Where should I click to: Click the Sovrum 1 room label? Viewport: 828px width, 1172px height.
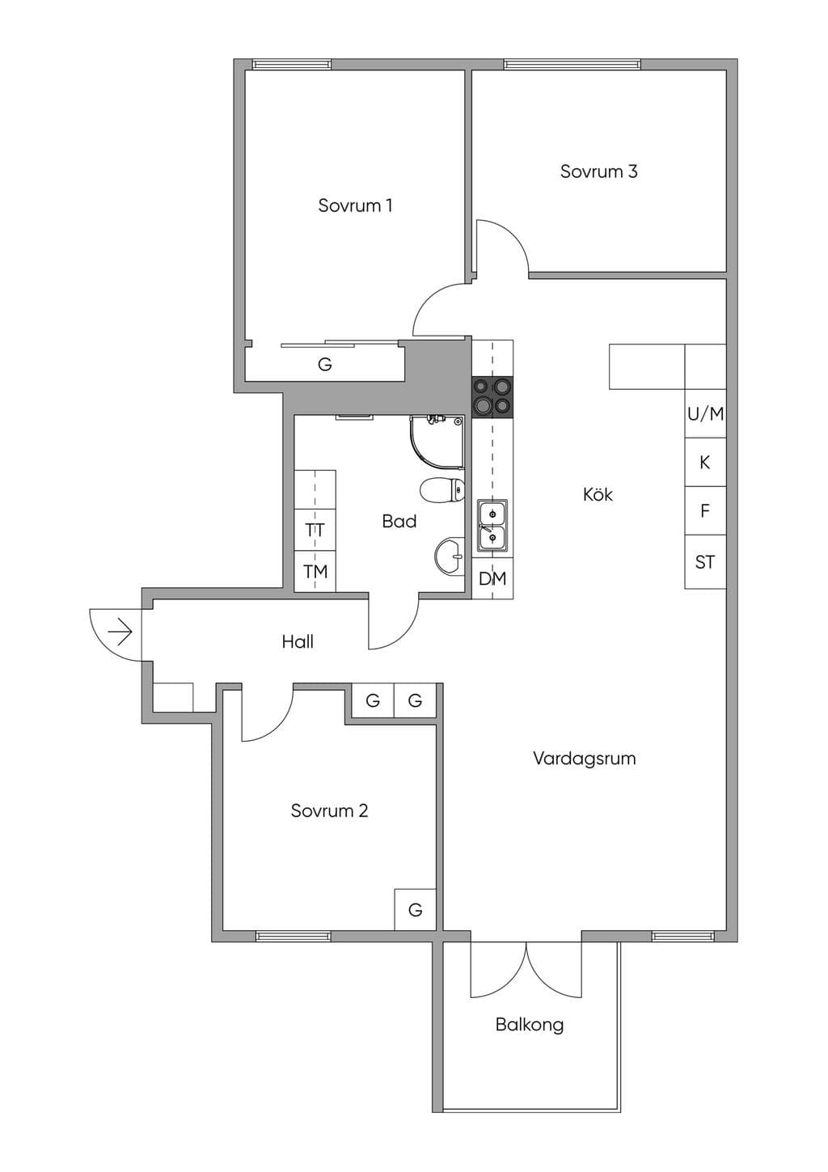point(355,205)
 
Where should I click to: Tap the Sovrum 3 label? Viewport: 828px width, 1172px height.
point(599,171)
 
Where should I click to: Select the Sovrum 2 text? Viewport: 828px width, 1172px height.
point(330,810)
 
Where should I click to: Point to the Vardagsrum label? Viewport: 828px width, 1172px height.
point(585,758)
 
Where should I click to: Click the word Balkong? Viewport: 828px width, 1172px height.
point(530,1024)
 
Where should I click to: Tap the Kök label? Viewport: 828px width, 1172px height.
point(598,494)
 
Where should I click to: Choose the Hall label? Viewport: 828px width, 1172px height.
point(298,641)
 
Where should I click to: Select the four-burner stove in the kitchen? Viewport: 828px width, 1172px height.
point(492,397)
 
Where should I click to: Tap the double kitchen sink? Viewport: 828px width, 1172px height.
point(492,525)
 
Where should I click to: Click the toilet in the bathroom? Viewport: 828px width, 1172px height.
point(442,489)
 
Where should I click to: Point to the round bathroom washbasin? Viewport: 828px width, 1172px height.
point(450,557)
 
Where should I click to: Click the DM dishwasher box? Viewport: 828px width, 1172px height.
point(492,578)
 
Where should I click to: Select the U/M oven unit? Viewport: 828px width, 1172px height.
point(706,413)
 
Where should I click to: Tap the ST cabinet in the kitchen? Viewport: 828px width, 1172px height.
point(706,562)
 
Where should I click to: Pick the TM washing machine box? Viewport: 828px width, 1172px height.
point(315,571)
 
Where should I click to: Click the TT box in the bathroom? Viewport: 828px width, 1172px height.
point(315,530)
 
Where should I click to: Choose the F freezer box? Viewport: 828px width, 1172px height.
point(706,510)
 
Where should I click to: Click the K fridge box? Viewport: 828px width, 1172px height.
point(706,462)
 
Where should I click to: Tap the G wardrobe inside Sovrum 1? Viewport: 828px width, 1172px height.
point(325,363)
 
